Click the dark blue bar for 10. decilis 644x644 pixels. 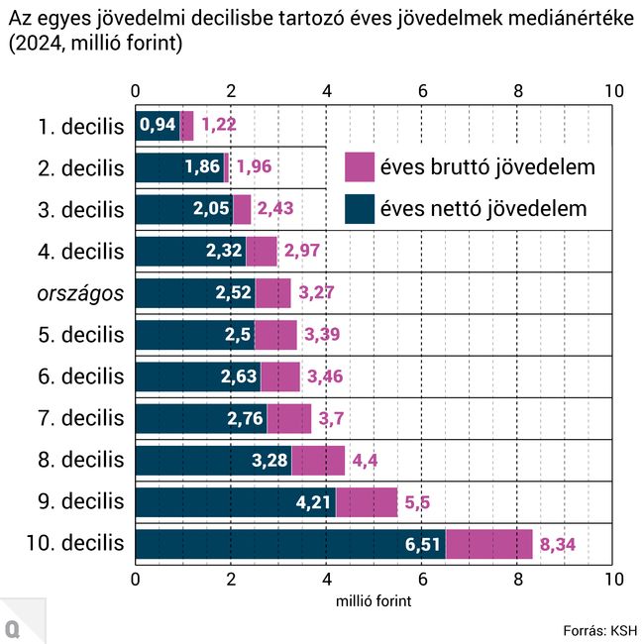(290, 544)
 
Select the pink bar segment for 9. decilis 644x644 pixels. (367, 502)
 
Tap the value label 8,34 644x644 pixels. (558, 545)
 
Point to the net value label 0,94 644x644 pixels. (158, 125)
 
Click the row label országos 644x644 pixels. (80, 293)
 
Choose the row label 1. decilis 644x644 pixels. (81, 127)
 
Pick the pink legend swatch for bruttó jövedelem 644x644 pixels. (360, 166)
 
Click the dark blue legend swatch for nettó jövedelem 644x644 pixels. (360, 209)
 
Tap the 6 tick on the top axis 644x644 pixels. (423, 91)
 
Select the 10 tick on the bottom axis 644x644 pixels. (614, 580)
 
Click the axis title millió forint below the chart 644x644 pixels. (374, 601)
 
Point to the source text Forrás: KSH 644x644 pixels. (599, 630)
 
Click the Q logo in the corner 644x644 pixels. (13, 629)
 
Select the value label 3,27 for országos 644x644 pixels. (316, 293)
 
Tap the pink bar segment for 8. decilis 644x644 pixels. (318, 461)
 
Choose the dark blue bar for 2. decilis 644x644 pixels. (180, 167)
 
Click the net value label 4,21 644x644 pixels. (313, 502)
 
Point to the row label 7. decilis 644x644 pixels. (81, 418)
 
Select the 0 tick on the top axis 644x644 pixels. (135, 91)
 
